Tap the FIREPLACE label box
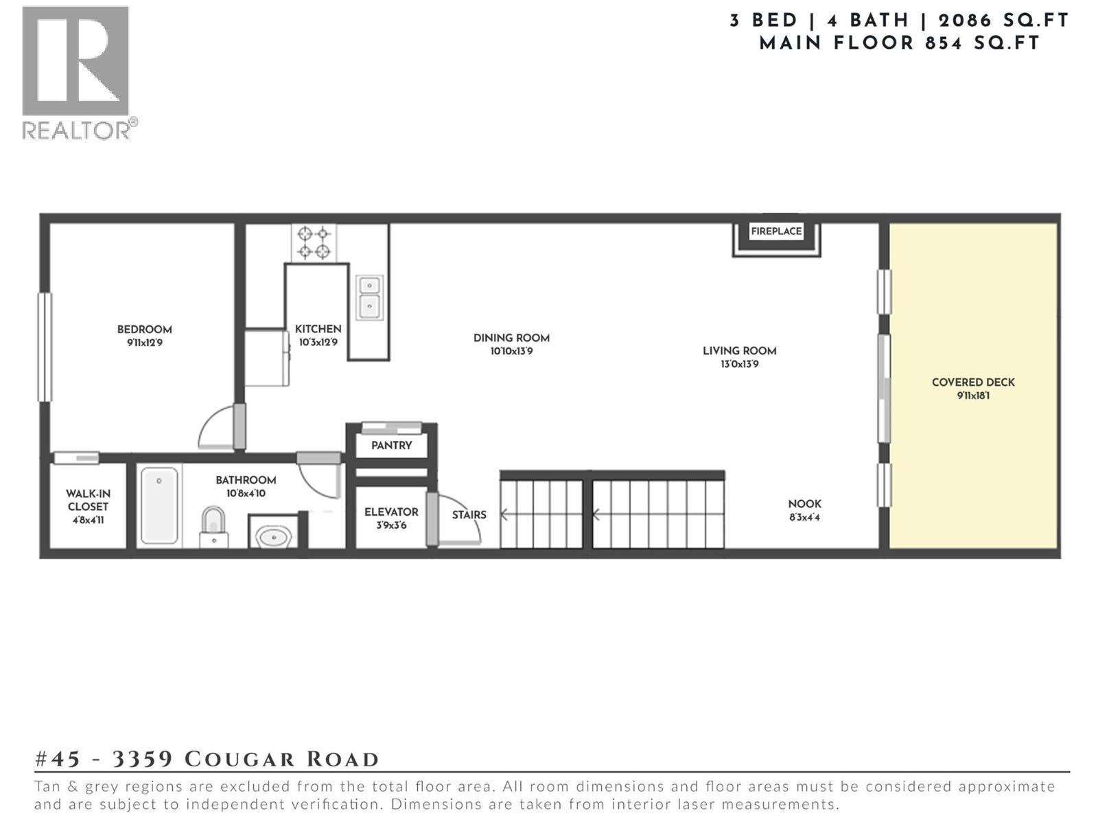(776, 232)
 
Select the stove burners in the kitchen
(314, 242)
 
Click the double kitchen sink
(369, 297)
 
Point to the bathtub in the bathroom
(159, 506)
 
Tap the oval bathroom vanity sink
(274, 536)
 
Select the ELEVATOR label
(391, 512)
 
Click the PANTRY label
(391, 446)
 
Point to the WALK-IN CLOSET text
(88, 501)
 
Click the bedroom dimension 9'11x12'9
(144, 343)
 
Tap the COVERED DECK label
(972, 382)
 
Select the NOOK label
(804, 504)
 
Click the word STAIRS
(469, 515)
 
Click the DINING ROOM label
(511, 338)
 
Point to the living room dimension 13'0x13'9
(739, 365)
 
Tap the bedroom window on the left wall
(45, 347)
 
